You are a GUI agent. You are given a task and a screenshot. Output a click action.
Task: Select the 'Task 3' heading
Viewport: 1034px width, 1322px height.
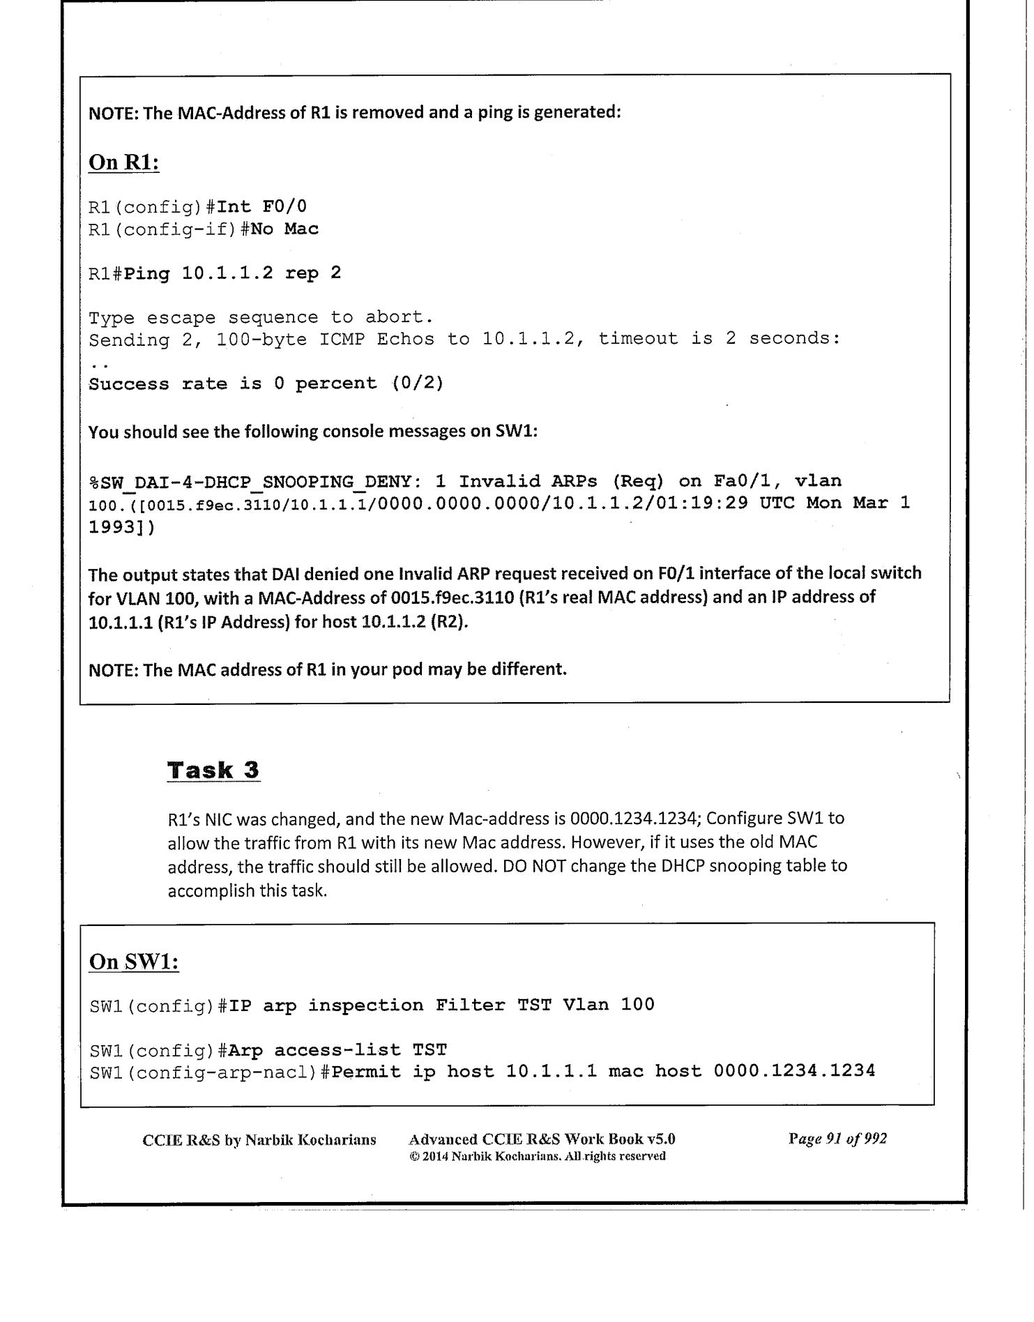pyautogui.click(x=213, y=770)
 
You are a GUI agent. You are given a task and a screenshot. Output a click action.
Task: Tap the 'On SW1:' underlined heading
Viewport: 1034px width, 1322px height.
pyautogui.click(x=134, y=962)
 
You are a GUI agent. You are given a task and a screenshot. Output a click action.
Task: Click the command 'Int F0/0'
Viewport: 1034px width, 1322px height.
pyautogui.click(x=262, y=207)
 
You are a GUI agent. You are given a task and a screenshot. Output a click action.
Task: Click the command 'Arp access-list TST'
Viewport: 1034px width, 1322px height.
pyautogui.click(x=337, y=1050)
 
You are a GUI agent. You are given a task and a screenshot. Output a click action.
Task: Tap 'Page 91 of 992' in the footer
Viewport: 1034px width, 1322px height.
pyautogui.click(x=837, y=1139)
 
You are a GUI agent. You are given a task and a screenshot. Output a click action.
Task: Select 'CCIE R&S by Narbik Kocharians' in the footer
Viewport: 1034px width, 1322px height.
pyautogui.click(x=259, y=1140)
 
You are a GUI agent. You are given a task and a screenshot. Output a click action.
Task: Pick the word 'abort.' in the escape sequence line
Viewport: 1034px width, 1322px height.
pyautogui.click(x=399, y=318)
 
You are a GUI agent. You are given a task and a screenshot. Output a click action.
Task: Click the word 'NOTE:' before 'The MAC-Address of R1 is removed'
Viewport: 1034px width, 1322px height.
pyautogui.click(x=113, y=112)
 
